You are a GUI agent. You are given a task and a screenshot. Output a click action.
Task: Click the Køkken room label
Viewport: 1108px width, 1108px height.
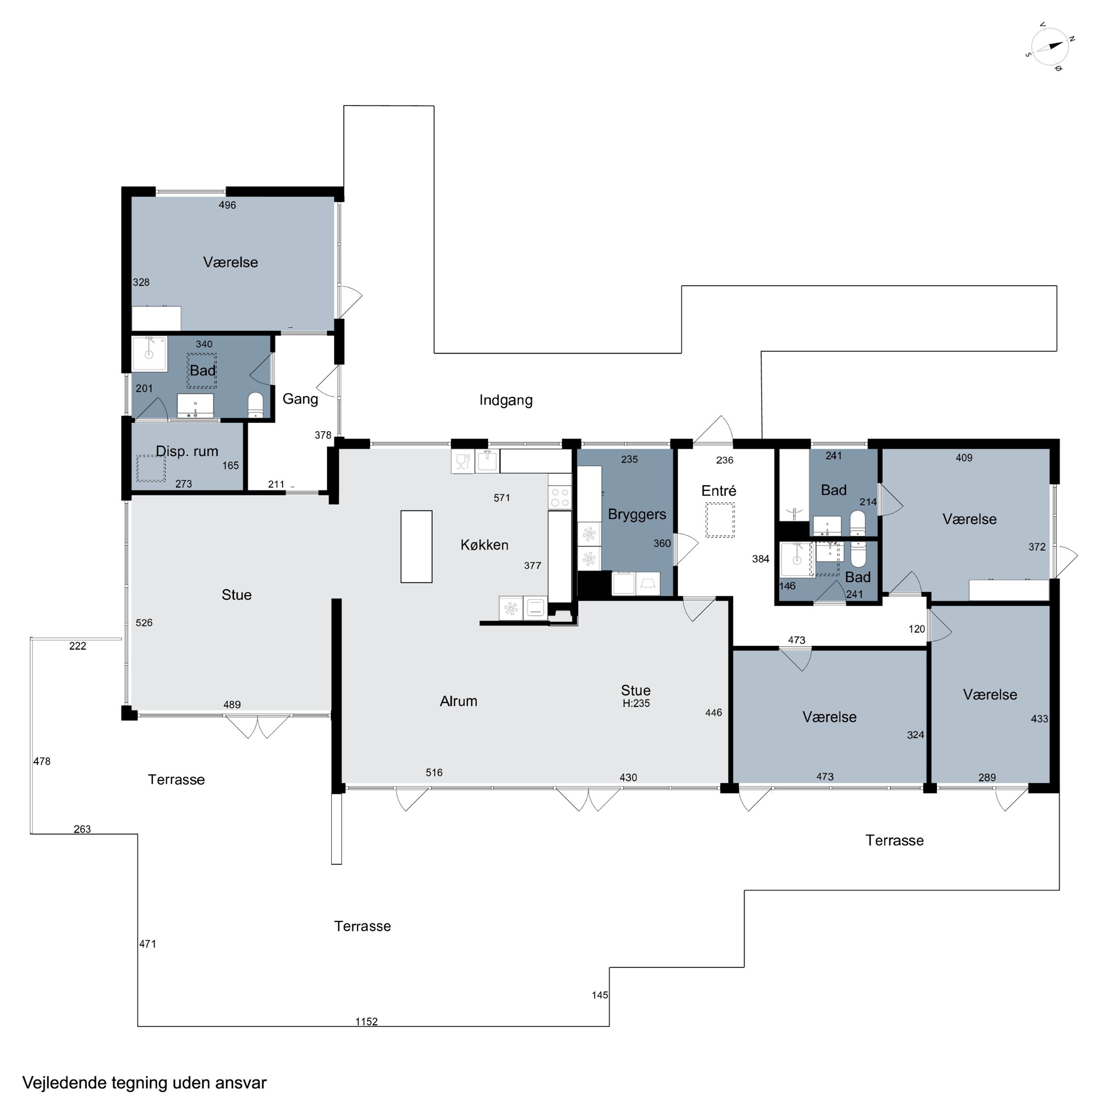tap(484, 545)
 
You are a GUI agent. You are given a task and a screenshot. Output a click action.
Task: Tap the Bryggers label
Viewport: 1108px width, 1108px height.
tap(637, 514)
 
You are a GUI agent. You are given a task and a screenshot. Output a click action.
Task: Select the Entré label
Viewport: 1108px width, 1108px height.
tap(719, 490)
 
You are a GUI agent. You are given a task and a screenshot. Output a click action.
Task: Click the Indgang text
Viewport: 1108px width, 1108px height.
tap(506, 400)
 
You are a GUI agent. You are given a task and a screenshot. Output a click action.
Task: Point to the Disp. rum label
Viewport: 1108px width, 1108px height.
tap(187, 451)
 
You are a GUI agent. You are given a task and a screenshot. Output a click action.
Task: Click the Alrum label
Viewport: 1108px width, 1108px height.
tap(458, 701)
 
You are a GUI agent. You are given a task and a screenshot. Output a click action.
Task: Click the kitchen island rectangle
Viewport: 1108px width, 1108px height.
tap(416, 547)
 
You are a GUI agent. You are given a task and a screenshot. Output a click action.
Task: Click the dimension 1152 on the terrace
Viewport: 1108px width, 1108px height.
tap(366, 1022)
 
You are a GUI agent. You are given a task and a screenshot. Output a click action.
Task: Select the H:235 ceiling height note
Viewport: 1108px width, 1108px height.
tap(636, 703)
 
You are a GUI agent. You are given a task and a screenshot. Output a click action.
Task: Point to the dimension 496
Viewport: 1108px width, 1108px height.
tap(227, 205)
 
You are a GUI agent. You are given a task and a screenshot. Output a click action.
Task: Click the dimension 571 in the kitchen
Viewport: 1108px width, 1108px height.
tap(502, 498)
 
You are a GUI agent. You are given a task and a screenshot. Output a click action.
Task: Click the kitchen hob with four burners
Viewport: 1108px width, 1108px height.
tap(560, 497)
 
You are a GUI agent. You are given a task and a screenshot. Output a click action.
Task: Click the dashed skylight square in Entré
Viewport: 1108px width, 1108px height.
tap(720, 520)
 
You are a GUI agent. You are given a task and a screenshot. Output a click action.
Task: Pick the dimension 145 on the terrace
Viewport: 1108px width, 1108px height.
tap(600, 995)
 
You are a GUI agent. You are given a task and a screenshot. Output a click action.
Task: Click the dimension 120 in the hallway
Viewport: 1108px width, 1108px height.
tap(916, 629)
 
